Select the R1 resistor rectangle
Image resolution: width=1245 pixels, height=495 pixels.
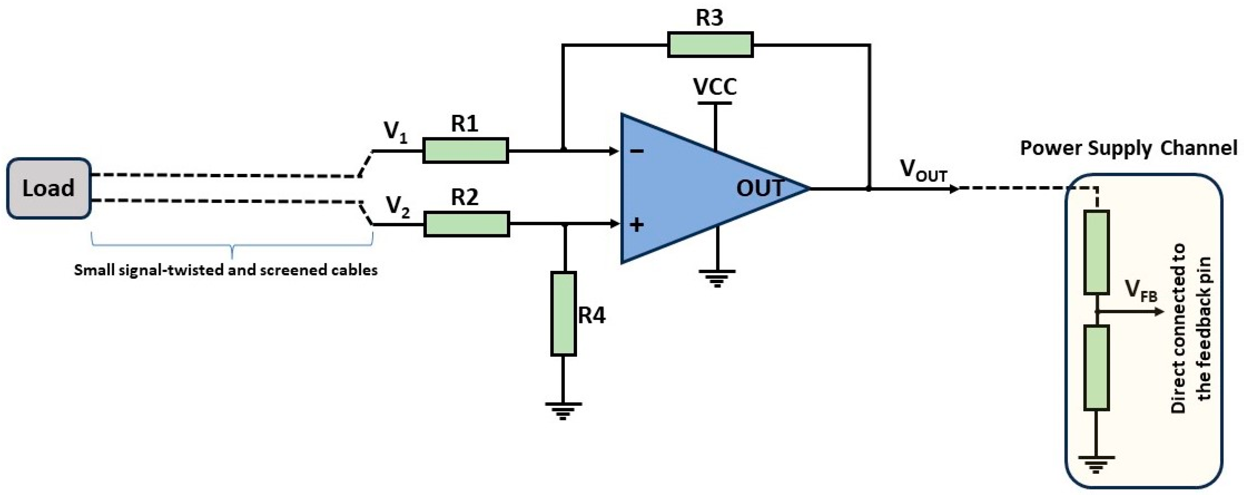[466, 150]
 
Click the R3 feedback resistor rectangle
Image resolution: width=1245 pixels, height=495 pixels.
[710, 44]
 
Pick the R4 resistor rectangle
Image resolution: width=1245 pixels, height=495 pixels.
[564, 314]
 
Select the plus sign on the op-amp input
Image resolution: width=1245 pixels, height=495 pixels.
[637, 225]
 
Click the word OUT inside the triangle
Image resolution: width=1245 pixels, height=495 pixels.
[759, 188]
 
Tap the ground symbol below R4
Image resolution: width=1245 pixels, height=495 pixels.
[563, 411]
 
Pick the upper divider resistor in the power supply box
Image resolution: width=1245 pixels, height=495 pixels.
[1096, 252]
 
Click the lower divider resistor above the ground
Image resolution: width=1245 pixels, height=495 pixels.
[1096, 368]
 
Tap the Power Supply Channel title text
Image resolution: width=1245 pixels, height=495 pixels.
[1128, 148]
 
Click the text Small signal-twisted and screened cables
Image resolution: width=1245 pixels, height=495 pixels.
[226, 270]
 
